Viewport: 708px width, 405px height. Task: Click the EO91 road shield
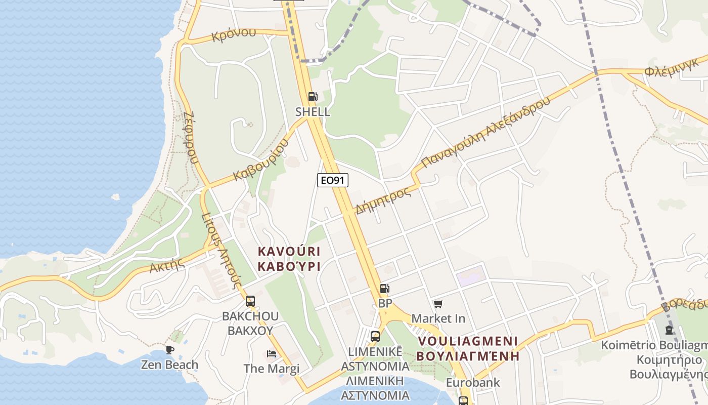pos(333,180)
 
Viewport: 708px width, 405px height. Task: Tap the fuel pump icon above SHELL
pos(313,97)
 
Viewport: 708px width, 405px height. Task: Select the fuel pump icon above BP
pos(385,289)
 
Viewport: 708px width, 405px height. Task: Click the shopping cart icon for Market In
pos(438,304)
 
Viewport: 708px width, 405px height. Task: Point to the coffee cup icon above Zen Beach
pos(170,350)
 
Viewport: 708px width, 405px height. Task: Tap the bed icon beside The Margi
pos(272,353)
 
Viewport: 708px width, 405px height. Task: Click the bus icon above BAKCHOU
pos(250,301)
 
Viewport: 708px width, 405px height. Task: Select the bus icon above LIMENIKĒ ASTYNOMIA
pos(375,336)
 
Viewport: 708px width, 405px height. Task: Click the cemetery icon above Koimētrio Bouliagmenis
pos(669,330)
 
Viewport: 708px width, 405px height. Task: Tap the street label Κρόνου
pos(234,35)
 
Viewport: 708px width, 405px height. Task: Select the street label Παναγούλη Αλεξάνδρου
pos(485,132)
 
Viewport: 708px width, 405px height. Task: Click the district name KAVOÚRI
pos(289,251)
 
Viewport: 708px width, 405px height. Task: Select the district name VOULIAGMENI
pos(468,340)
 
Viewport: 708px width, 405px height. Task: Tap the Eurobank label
pos(472,383)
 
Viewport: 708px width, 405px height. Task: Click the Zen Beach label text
pos(169,364)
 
